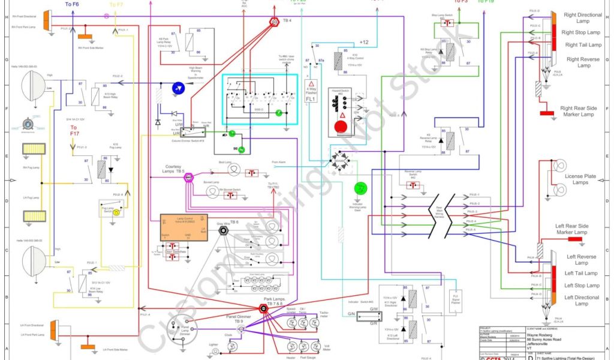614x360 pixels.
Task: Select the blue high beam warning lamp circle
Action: [177, 88]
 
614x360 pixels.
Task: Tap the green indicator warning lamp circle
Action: [360, 188]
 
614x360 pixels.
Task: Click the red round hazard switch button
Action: [341, 127]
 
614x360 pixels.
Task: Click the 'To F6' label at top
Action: [71, 5]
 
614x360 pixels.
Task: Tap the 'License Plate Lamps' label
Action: [580, 179]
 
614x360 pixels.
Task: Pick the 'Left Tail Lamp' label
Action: [582, 274]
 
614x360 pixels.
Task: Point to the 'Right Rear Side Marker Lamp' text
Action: [577, 111]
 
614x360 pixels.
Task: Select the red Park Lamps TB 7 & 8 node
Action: [263, 308]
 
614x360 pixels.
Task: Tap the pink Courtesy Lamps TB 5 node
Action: [188, 178]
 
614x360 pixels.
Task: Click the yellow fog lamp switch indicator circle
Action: [117, 212]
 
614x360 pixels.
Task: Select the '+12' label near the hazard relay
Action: [364, 42]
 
